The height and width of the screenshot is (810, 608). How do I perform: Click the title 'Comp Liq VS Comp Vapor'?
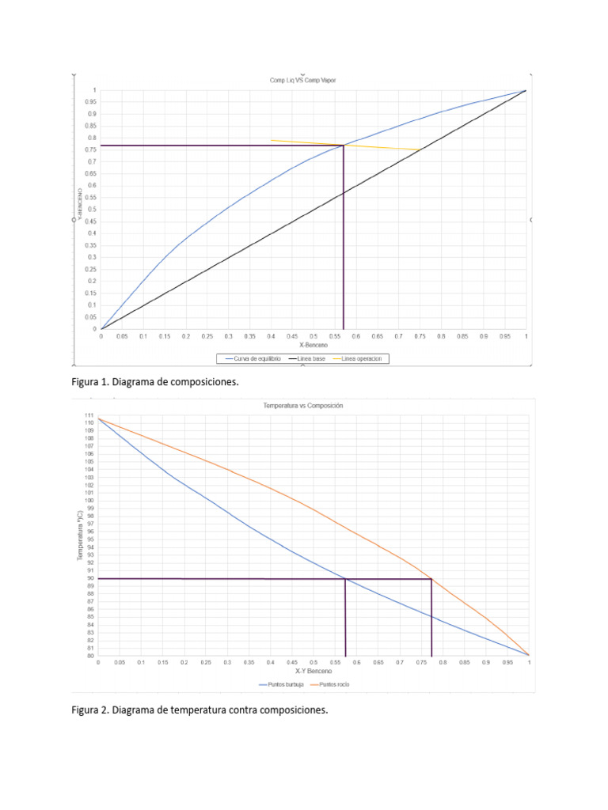click(x=303, y=81)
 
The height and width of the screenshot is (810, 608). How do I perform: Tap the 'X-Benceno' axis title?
click(x=314, y=346)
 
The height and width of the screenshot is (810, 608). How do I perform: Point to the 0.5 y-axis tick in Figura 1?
click(x=93, y=210)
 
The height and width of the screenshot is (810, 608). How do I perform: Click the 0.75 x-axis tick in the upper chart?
click(x=420, y=336)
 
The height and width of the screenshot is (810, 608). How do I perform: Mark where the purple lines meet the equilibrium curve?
click(x=344, y=145)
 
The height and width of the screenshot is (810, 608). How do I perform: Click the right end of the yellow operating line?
click(x=420, y=150)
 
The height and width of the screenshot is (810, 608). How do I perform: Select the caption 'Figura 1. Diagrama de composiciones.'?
click(x=155, y=382)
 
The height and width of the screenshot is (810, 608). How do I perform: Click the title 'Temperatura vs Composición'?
click(x=303, y=405)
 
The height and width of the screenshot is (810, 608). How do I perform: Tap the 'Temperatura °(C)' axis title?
click(x=80, y=531)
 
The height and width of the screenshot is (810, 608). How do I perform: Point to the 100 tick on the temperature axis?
click(x=89, y=501)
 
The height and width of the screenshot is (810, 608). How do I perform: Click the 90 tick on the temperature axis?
click(x=89, y=578)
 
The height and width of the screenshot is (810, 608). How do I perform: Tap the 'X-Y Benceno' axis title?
click(x=313, y=671)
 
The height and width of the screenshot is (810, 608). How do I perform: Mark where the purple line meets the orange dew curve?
click(x=431, y=579)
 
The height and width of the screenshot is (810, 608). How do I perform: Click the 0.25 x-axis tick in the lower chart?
click(x=206, y=663)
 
